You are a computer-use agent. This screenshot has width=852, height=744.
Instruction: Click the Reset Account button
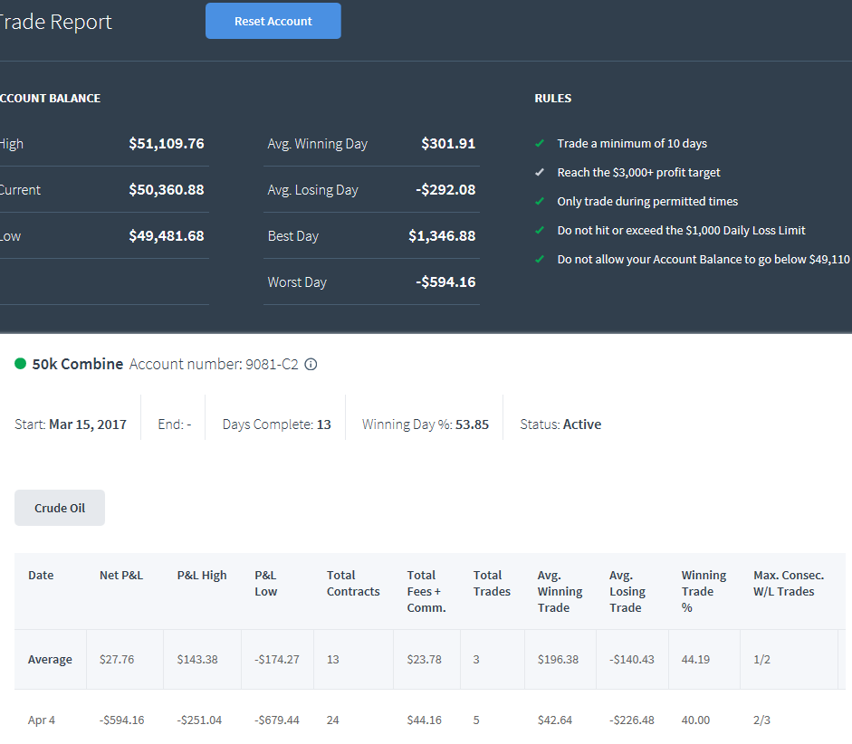273,21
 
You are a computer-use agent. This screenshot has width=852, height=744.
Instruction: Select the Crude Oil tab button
60,508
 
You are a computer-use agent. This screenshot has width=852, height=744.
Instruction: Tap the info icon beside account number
311,365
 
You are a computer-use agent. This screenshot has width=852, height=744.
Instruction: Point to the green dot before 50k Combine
20,363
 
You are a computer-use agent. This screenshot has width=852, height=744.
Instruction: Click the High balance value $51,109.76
167,143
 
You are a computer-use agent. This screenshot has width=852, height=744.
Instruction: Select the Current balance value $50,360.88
167,189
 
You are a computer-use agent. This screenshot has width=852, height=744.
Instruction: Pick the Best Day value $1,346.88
442,235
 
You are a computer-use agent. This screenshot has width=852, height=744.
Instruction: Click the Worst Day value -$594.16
445,281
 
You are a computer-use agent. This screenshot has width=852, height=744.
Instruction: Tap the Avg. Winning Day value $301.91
448,143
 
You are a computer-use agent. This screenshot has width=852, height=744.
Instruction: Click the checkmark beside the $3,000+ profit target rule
540,172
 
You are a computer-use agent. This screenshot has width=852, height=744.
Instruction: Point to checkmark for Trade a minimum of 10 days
540,143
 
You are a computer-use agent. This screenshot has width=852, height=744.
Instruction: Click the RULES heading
553,99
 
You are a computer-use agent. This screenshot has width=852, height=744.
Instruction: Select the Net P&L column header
121,575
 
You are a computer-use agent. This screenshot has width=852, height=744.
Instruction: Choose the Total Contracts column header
353,583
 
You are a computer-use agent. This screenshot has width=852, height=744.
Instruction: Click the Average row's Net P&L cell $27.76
117,659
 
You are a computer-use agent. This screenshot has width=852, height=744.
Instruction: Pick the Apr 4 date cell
42,720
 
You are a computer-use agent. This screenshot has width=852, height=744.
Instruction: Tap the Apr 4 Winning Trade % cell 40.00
695,720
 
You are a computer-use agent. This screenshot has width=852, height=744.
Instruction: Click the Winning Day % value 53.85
473,424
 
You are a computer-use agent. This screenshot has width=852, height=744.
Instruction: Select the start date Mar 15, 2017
88,424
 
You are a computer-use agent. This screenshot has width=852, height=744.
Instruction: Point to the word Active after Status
582,424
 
